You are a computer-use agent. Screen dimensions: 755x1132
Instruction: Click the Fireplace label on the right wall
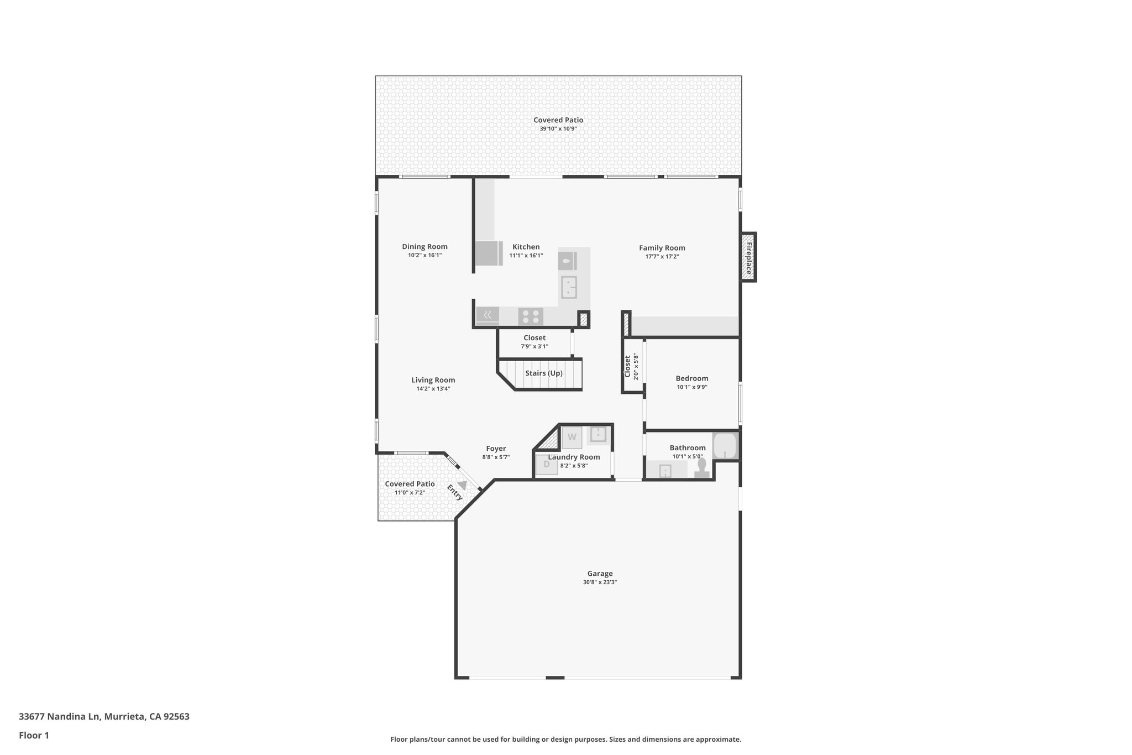(x=749, y=258)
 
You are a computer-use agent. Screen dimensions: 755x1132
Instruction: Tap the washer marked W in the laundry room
(x=572, y=437)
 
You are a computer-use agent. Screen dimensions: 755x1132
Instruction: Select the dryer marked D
(x=547, y=465)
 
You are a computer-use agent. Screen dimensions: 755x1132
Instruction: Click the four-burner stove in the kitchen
(x=531, y=316)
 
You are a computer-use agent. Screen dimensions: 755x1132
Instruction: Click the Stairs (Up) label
(x=544, y=373)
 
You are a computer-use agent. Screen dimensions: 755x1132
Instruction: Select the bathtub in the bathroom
(x=725, y=446)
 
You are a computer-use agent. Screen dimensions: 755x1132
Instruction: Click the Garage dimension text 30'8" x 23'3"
(x=600, y=582)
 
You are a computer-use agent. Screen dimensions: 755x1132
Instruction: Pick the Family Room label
(x=662, y=248)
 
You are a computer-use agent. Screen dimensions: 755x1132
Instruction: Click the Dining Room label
(x=424, y=247)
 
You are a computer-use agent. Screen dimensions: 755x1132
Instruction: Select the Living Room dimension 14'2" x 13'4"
(x=433, y=389)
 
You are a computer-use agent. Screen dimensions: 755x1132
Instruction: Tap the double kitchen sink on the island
(x=569, y=287)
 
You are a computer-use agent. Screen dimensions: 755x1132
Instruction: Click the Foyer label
(x=496, y=449)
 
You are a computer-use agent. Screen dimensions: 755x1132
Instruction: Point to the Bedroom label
(x=691, y=378)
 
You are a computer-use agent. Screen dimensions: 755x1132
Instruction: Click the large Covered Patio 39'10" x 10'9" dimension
(x=558, y=129)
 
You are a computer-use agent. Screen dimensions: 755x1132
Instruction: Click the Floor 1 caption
(x=34, y=735)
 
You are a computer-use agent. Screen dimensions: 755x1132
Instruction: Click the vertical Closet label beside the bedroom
(x=627, y=366)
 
